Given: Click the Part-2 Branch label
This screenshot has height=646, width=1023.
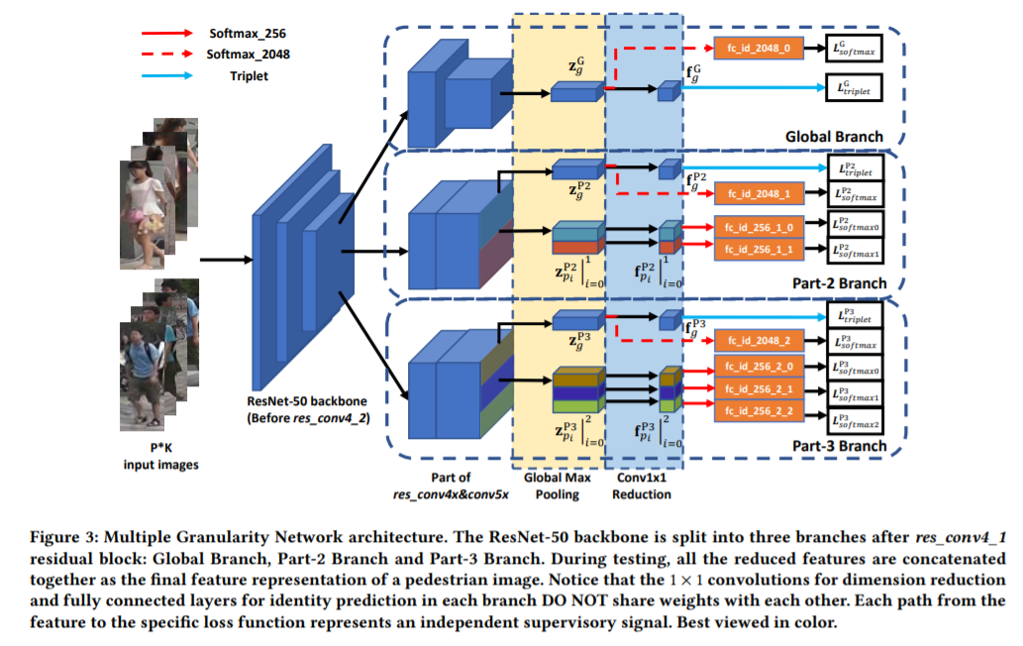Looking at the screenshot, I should pyautogui.click(x=839, y=283).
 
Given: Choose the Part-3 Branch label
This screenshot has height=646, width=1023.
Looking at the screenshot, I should pyautogui.click(x=839, y=445).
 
